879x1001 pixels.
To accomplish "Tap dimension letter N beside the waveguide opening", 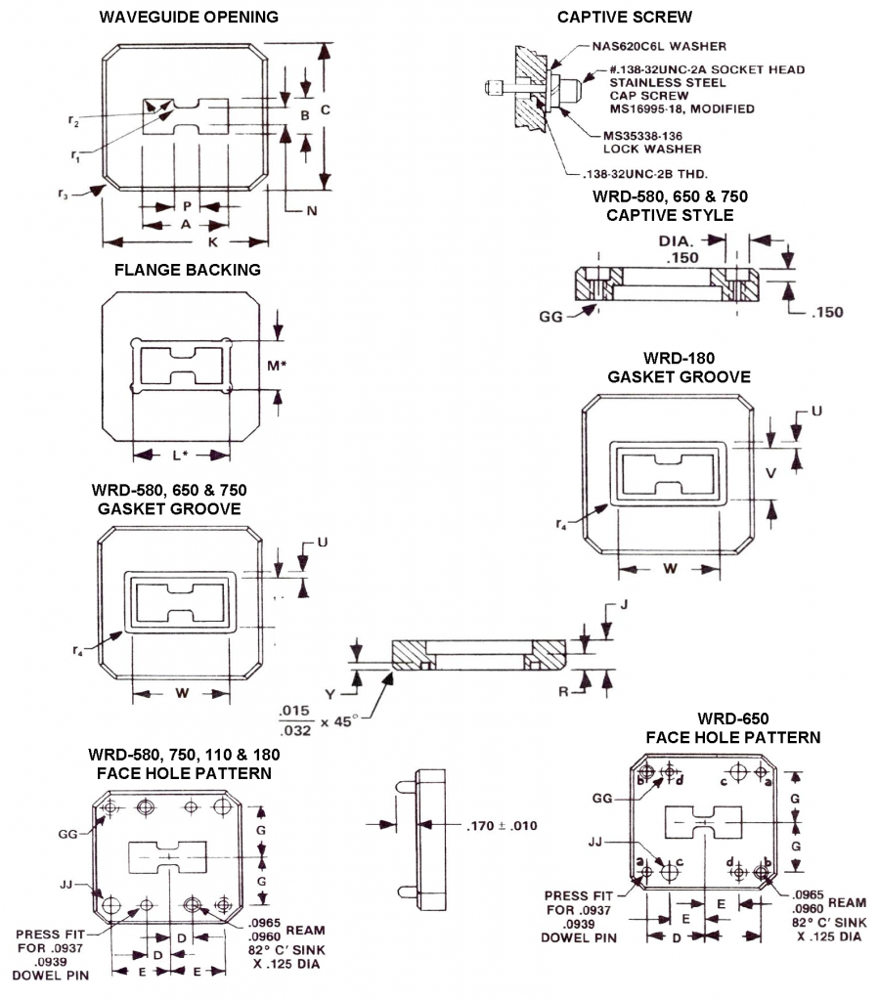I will pos(311,209).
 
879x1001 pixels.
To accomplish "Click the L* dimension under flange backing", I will pos(180,455).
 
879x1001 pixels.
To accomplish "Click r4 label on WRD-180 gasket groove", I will pos(561,525).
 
